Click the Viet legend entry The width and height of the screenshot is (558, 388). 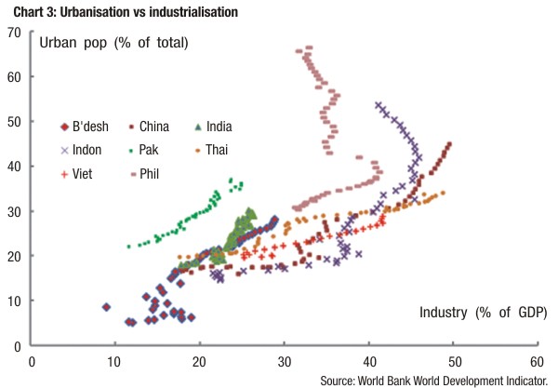[x=84, y=173]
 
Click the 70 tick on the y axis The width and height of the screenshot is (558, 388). [x=15, y=33]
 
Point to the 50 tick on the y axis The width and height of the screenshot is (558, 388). [x=15, y=122]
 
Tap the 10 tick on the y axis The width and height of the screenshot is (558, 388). [x=15, y=301]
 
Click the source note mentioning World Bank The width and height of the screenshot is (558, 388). [x=438, y=381]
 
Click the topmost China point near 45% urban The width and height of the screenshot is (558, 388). [x=449, y=144]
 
